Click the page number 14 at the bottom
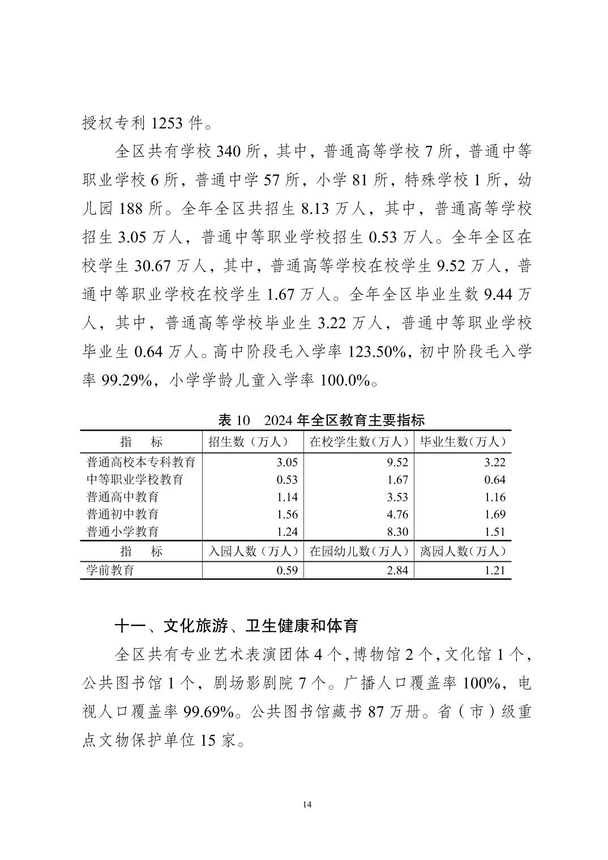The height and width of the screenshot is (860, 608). (307, 805)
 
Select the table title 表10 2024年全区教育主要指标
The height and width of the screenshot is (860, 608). (321, 420)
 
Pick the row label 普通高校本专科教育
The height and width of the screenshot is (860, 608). (141, 462)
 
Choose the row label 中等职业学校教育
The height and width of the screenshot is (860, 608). (135, 480)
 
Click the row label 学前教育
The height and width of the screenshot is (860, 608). (110, 570)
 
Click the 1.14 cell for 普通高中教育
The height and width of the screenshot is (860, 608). (287, 497)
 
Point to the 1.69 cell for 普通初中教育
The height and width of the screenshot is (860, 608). (495, 514)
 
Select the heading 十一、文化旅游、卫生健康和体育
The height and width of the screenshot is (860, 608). (236, 626)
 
